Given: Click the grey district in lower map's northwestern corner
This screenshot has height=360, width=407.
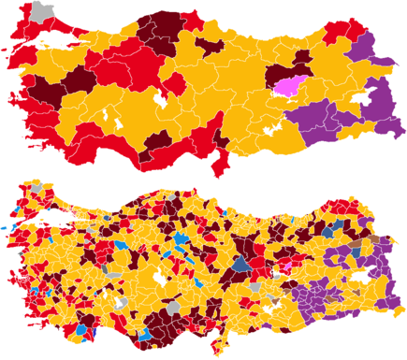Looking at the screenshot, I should [36, 189].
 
